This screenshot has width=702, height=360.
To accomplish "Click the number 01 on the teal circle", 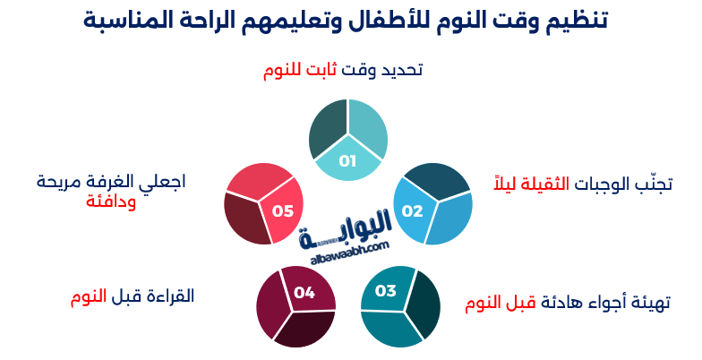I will (347, 161).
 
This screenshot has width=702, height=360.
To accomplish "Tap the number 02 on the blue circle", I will (412, 211).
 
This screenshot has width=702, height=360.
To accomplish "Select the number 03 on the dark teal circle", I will (385, 290).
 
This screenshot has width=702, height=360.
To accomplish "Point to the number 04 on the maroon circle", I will (304, 292).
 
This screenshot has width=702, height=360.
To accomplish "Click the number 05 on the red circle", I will (283, 211).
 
